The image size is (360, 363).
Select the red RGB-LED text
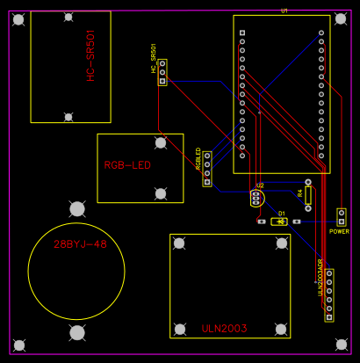tap(127, 165)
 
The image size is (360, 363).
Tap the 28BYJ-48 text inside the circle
tap(80, 244)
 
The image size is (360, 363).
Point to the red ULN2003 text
tap(224, 329)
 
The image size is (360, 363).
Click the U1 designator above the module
tap(284, 11)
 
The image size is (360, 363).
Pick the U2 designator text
tap(259, 186)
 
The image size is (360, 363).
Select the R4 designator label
tap(299, 192)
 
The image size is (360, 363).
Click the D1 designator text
tap(281, 214)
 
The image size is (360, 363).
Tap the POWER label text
tap(339, 231)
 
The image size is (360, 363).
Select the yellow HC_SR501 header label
tap(154, 59)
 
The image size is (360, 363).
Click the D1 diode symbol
tap(280, 221)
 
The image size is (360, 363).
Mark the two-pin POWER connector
tap(342, 217)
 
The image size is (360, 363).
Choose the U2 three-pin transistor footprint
tap(256, 198)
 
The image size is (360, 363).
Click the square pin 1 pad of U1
tap(242, 33)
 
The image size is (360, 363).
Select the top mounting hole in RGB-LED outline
tap(161, 142)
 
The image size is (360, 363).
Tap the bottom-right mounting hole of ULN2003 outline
tap(282, 329)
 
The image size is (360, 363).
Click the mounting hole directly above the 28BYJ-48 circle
tap(78, 208)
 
